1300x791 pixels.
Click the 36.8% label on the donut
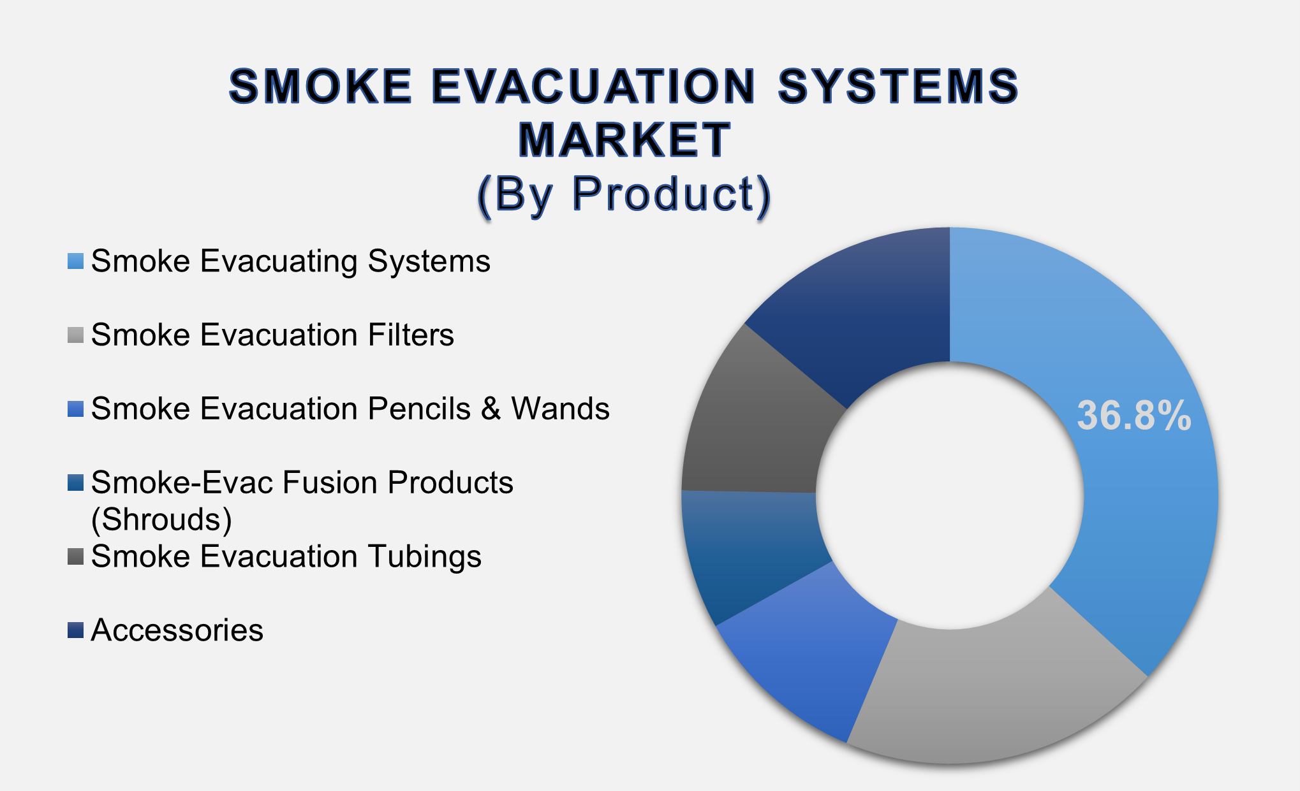(x=1134, y=416)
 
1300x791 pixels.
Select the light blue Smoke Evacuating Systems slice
(x=1135, y=510)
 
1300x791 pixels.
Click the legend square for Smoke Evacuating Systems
(x=75, y=261)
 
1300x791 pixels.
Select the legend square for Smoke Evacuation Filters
(x=75, y=335)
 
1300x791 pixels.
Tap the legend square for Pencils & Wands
(x=75, y=409)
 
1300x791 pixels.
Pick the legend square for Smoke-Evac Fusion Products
(x=75, y=483)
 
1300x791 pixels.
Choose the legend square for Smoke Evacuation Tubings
(x=75, y=556)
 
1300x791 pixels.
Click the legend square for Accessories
(x=75, y=630)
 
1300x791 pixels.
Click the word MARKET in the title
(x=624, y=140)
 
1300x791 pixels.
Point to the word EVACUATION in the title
(x=594, y=87)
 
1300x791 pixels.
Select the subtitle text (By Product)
(x=624, y=194)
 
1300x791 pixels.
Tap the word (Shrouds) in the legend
(x=161, y=519)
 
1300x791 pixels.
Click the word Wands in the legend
(x=560, y=409)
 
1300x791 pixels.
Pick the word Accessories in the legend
(x=177, y=630)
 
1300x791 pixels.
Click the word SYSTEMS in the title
(x=898, y=87)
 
